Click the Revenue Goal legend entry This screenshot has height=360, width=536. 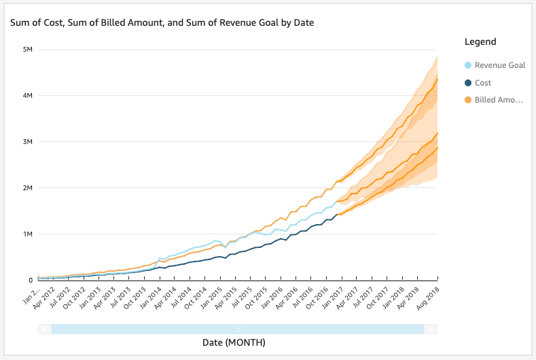tap(499, 66)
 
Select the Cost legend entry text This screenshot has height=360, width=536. tap(483, 83)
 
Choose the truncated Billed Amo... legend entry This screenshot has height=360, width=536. tap(499, 101)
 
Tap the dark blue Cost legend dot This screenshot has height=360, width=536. tap(467, 83)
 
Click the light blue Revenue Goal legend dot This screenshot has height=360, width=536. tap(467, 66)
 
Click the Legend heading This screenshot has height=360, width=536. tap(480, 42)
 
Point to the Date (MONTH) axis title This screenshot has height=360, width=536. tap(234, 343)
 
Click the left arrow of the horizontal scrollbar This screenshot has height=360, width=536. tap(45, 329)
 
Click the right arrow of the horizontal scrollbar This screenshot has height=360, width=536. tap(431, 329)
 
